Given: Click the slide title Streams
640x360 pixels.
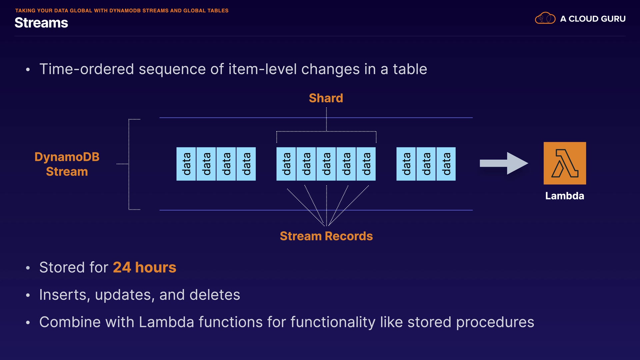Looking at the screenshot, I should click(x=41, y=23).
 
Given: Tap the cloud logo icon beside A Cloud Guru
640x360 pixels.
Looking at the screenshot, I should click(x=545, y=18).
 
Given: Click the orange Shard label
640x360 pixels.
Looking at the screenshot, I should click(x=326, y=98).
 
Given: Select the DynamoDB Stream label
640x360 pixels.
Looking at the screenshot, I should click(x=67, y=164).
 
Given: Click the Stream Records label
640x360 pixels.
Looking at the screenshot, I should click(x=326, y=236).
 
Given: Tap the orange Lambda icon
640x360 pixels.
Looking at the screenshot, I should click(x=565, y=163).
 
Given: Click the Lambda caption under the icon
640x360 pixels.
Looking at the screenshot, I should click(x=564, y=196).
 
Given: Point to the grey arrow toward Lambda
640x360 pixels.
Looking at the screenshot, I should click(x=503, y=163).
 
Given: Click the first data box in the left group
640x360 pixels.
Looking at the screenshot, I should click(x=186, y=164).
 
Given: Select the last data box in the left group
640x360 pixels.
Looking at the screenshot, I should click(x=246, y=164).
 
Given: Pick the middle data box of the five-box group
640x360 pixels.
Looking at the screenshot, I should click(x=326, y=164).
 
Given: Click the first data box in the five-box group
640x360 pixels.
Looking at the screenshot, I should click(x=286, y=164).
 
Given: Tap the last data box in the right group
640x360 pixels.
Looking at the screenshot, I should click(x=446, y=164).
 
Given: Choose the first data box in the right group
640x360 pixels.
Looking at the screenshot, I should click(x=406, y=164).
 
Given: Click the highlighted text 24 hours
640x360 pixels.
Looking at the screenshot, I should click(x=144, y=267).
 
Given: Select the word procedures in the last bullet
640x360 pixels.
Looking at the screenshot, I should click(x=495, y=322).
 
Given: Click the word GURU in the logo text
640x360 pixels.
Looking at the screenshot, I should click(x=614, y=19).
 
